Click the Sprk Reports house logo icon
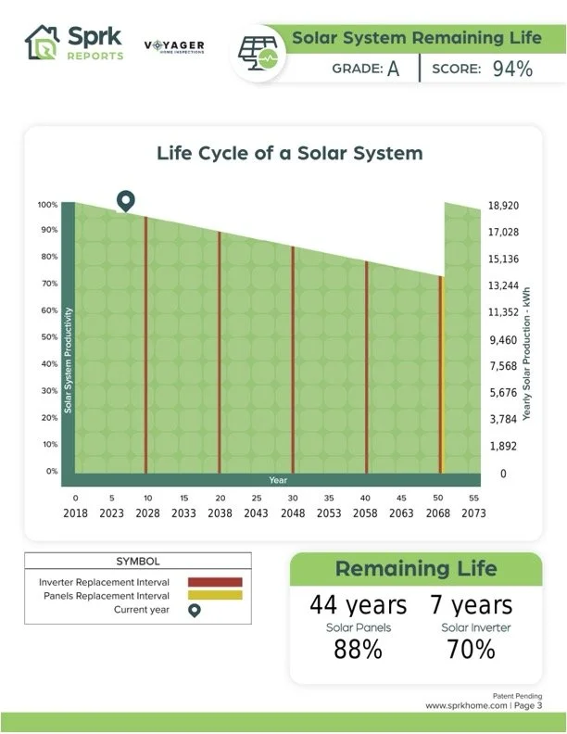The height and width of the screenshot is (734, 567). click(x=42, y=43)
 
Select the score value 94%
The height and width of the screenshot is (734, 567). click(x=512, y=69)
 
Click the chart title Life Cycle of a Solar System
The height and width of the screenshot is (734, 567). click(x=289, y=153)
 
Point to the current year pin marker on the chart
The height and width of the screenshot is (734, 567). click(x=126, y=201)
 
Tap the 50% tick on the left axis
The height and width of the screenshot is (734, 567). click(x=46, y=338)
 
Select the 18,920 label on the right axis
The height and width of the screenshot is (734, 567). click(x=503, y=206)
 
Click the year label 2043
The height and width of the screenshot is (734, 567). click(x=257, y=512)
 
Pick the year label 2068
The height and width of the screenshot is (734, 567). click(x=438, y=512)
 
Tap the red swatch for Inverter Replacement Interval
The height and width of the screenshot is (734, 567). click(x=215, y=582)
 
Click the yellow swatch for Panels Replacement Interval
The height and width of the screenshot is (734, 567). click(x=215, y=595)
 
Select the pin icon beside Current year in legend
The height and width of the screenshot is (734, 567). click(x=194, y=610)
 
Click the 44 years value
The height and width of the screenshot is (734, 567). click(x=358, y=605)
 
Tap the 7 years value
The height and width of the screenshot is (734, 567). click(x=471, y=605)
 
